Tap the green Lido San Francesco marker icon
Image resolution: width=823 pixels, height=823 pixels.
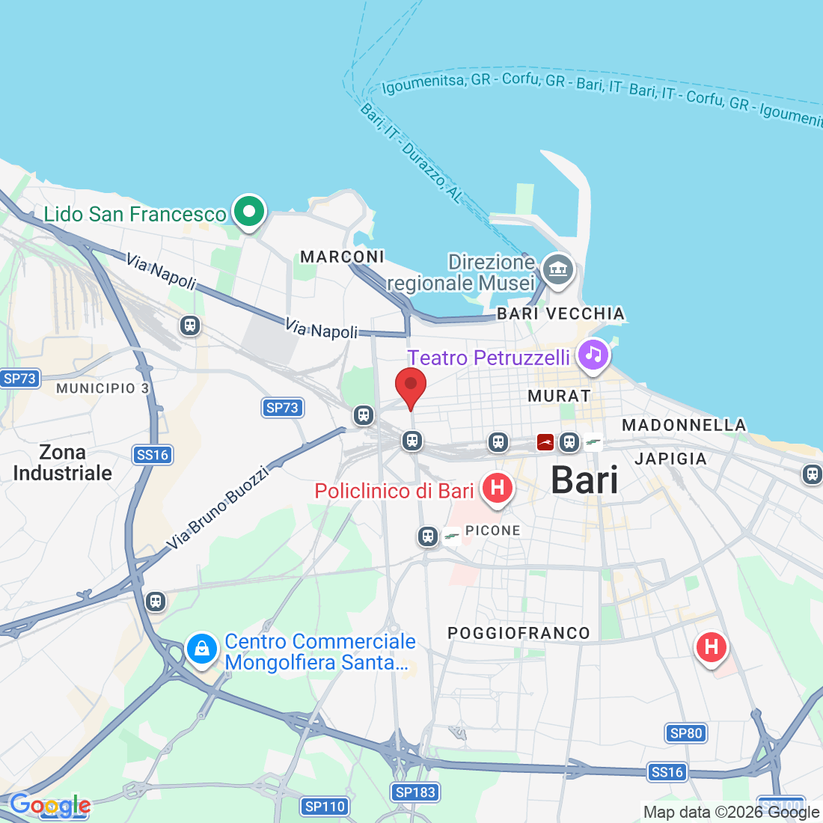(x=248, y=212)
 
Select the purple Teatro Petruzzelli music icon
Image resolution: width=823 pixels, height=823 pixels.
(x=593, y=354)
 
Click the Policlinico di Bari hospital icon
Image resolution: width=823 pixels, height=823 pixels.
(x=497, y=489)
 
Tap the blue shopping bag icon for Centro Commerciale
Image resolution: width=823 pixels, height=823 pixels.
(x=201, y=649)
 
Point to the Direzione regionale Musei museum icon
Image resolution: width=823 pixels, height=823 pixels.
(x=557, y=268)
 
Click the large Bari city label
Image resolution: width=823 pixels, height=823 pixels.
(x=584, y=480)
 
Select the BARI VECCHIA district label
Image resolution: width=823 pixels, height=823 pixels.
(x=560, y=313)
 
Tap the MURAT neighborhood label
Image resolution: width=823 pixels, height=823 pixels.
(x=559, y=396)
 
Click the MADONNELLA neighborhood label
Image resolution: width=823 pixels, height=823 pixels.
(x=684, y=425)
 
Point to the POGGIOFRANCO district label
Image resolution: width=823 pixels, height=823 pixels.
(x=518, y=633)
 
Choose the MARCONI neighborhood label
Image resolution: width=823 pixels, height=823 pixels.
(x=342, y=257)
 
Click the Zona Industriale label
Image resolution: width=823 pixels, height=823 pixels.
(x=63, y=462)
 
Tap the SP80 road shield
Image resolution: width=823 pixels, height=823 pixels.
(x=686, y=733)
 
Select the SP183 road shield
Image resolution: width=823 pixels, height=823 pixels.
(x=415, y=792)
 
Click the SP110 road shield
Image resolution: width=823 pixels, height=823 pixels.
(x=325, y=807)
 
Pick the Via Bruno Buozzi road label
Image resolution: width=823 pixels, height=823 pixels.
(x=217, y=507)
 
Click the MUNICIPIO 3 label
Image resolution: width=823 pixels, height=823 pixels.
(x=103, y=388)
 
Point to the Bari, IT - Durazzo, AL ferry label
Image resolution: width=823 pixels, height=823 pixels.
(x=411, y=153)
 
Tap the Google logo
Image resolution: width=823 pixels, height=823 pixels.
(x=49, y=806)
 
